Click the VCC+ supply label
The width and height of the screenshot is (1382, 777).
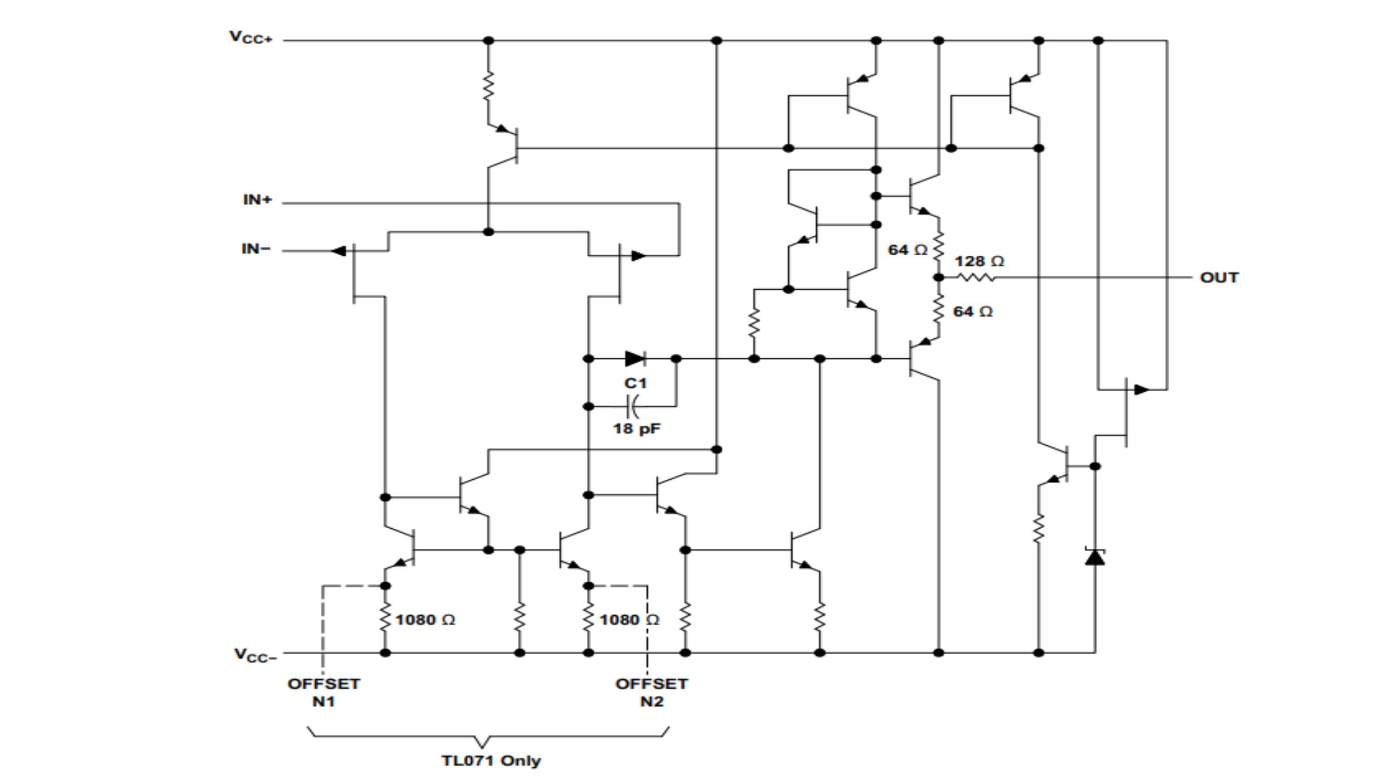coord(252,37)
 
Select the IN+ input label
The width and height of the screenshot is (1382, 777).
coord(258,200)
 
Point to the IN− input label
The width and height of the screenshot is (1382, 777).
coord(256,249)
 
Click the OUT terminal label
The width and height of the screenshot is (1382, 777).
coord(1219,278)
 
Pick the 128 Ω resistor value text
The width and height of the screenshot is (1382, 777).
coord(979,262)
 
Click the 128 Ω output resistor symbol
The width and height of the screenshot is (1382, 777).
coord(976,277)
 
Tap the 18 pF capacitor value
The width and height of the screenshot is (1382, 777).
coord(636,429)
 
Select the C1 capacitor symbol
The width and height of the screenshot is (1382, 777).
coord(633,406)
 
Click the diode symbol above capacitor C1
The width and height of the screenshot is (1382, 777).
coord(635,358)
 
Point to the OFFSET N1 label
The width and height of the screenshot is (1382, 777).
coord(323,692)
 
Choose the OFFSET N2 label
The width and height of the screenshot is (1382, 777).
coord(652,692)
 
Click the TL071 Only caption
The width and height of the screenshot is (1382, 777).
coord(491,761)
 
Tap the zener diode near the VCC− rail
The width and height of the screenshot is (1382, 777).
coord(1095,556)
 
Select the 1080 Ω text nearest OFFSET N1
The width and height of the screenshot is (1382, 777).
coord(425,620)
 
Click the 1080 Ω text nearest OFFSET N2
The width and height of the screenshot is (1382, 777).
coord(629,620)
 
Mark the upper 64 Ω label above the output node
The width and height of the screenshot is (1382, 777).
coord(907,250)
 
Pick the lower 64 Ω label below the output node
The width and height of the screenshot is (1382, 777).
coord(972,312)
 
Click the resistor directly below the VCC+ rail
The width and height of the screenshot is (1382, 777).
coord(488,86)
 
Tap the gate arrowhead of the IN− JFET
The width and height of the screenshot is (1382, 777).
coord(338,251)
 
